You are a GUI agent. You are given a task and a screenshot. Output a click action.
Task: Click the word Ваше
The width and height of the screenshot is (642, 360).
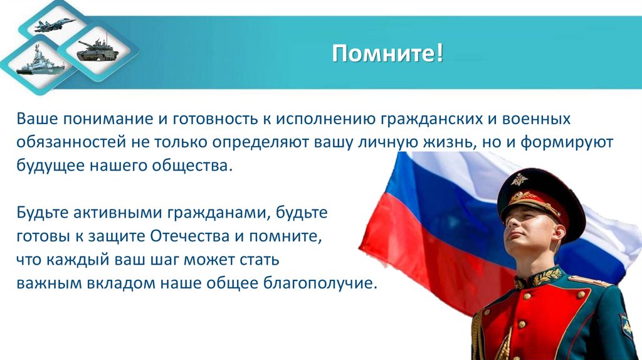37,118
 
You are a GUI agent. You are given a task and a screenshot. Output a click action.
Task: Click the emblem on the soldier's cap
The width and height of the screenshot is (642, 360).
518,181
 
